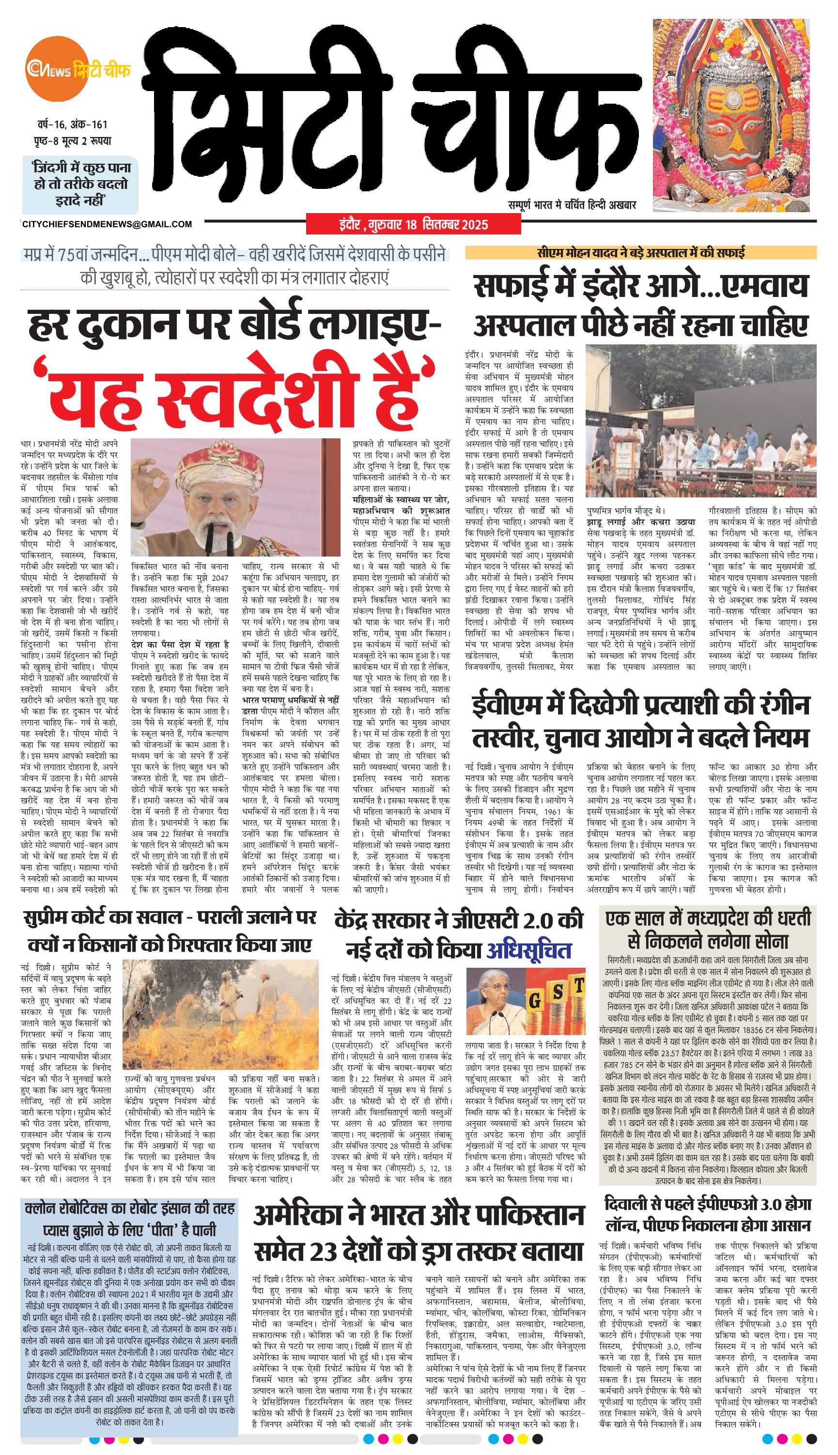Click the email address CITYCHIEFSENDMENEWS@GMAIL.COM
pyautogui.click(x=107, y=224)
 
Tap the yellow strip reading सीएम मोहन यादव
pyautogui.click(x=640, y=252)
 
